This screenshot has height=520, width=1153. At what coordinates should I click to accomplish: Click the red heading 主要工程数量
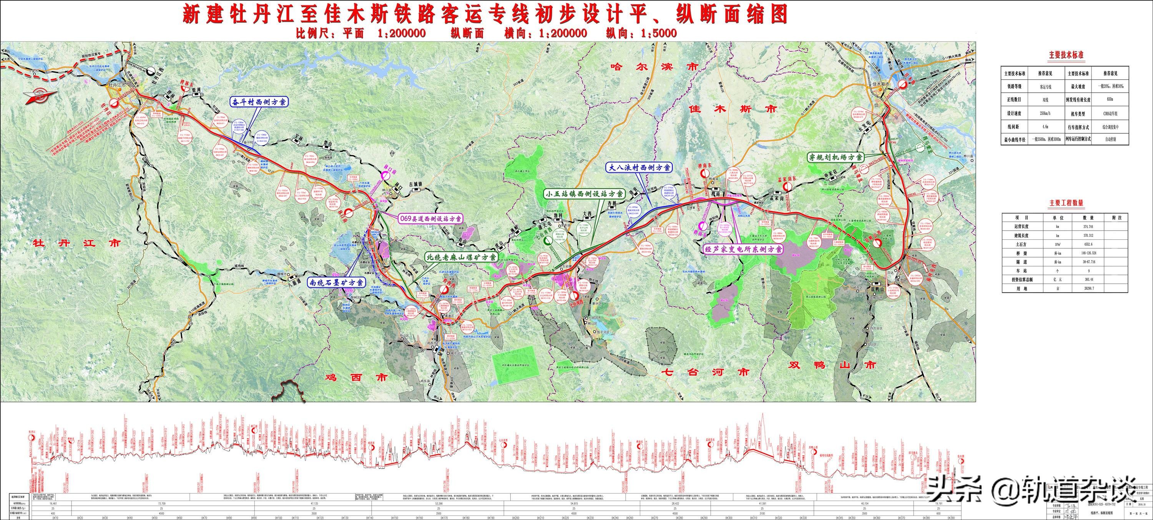1066,203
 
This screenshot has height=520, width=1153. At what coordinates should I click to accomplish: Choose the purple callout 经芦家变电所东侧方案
743,249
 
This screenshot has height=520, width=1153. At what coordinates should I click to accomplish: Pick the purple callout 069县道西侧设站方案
430,218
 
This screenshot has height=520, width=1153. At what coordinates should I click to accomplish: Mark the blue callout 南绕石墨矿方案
336,282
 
